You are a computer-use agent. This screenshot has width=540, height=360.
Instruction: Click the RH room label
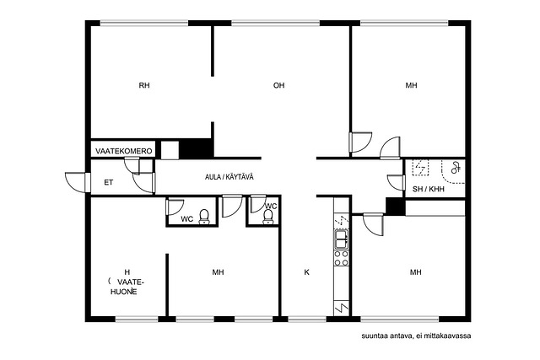tap(144, 85)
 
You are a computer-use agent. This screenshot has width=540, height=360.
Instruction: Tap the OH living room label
tap(278, 85)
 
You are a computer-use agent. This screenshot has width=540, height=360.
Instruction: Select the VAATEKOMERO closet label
tap(124, 152)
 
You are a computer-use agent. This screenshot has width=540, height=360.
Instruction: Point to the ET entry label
tap(109, 183)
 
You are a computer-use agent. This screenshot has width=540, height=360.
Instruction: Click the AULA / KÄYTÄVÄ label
tap(229, 177)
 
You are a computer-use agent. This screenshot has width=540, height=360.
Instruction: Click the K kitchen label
tap(306, 272)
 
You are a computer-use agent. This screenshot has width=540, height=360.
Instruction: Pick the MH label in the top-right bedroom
tap(411, 85)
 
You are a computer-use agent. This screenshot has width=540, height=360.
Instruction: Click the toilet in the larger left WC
tap(204, 217)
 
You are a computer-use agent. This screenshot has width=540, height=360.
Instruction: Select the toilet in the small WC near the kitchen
tap(267, 217)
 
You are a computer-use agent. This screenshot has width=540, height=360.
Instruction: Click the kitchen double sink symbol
tap(342, 239)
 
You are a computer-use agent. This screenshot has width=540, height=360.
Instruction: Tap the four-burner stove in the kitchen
tap(341, 258)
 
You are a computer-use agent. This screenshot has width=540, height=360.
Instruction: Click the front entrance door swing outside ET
tap(77, 182)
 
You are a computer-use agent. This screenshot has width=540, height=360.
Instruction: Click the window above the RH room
tap(144, 24)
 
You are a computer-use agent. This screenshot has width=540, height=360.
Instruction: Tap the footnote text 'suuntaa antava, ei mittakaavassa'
tap(416, 336)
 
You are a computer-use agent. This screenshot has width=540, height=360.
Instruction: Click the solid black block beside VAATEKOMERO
tap(196, 148)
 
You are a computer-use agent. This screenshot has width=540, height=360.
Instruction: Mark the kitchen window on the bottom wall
tap(307, 320)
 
